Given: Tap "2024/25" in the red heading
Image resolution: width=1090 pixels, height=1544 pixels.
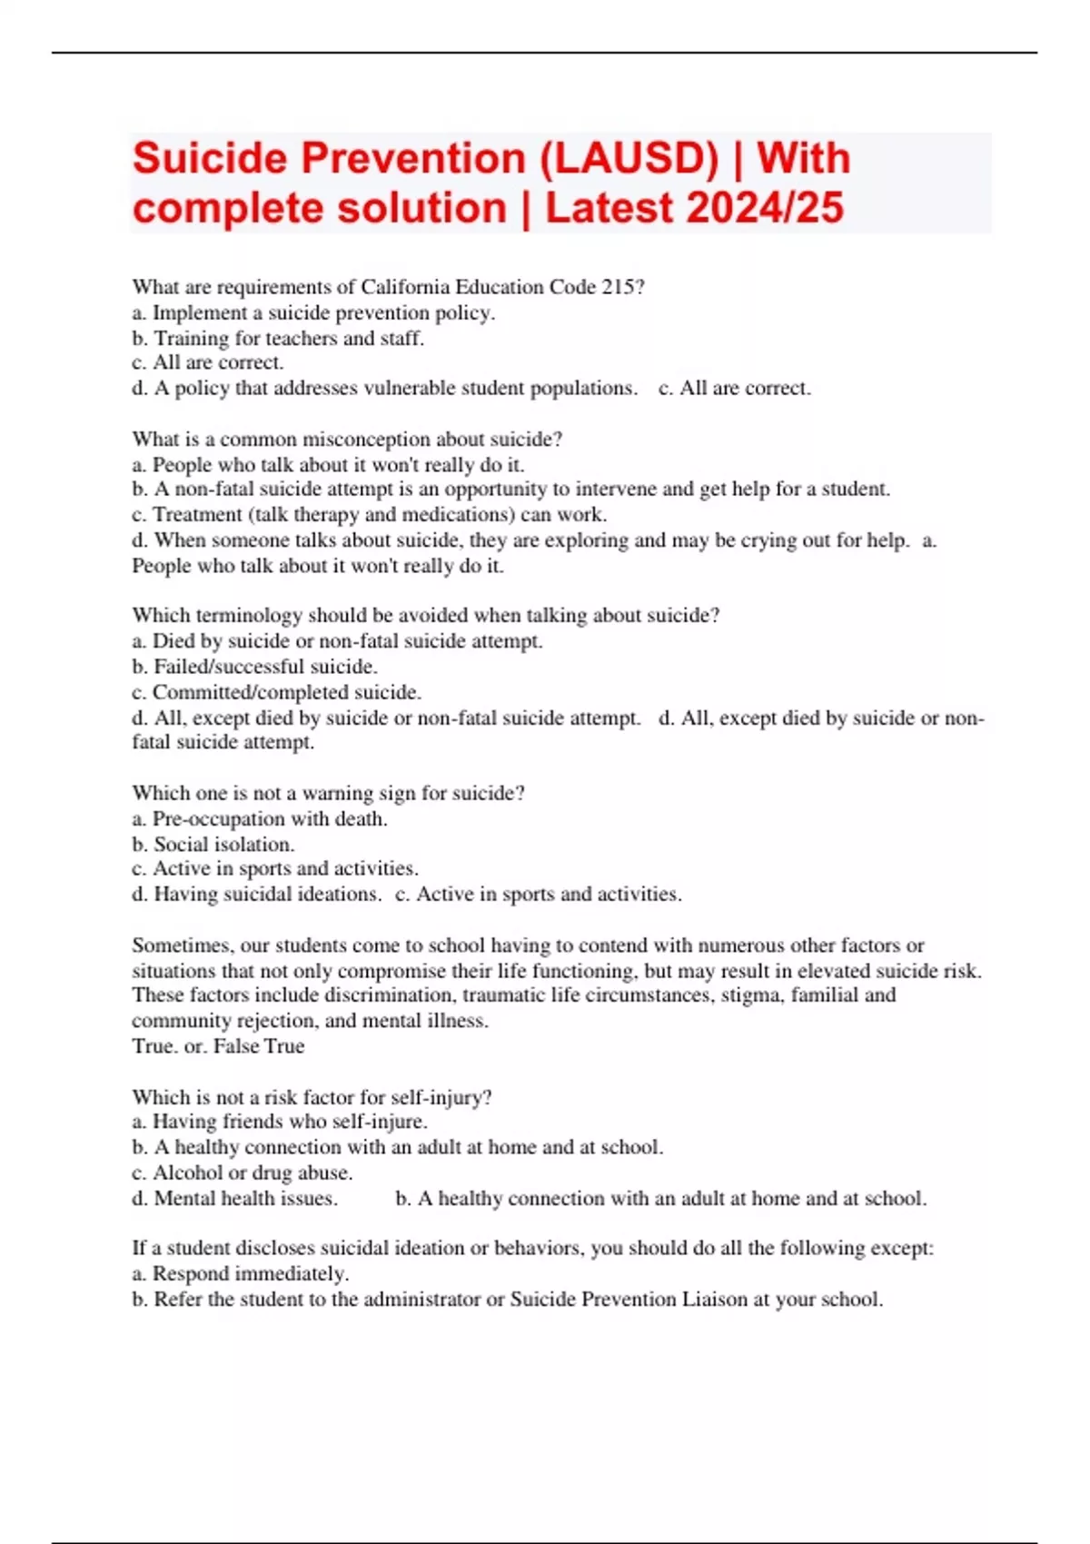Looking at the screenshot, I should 766,208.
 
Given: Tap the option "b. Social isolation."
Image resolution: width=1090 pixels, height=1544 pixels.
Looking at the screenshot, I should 213,844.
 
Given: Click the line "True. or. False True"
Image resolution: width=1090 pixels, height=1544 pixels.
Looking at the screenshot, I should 218,1046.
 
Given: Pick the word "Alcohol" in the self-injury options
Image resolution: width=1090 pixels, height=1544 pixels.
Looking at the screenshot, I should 187,1173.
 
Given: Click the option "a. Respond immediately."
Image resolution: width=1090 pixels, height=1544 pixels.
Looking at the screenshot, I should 241,1273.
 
